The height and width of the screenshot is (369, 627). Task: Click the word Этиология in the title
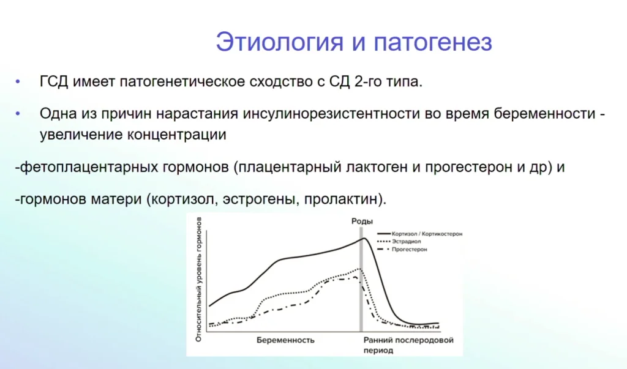(x=279, y=42)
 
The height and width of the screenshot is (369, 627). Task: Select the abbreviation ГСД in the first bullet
(x=54, y=81)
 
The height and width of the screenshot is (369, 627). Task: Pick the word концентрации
(x=177, y=135)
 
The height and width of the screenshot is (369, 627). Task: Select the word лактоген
(x=377, y=167)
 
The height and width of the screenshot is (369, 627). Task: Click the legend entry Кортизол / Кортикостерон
(x=427, y=234)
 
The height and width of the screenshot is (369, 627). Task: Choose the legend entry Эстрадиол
(x=406, y=242)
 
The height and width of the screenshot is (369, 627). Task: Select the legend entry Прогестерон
(x=409, y=250)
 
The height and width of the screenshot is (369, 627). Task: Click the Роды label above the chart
(x=362, y=221)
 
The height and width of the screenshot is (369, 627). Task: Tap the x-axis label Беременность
(x=285, y=340)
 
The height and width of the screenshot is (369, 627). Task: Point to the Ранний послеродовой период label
(x=408, y=345)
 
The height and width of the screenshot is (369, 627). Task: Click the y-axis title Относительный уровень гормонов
(x=198, y=280)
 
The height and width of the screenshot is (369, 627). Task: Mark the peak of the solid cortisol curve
(x=364, y=238)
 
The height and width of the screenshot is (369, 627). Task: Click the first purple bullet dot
(x=18, y=82)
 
